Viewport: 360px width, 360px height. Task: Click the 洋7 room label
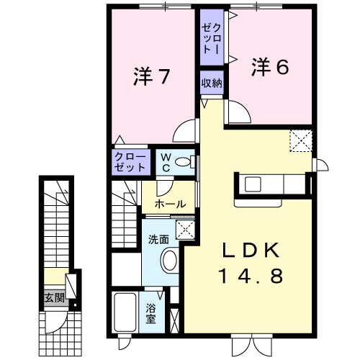(152, 76)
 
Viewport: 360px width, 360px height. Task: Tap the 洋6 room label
(270, 67)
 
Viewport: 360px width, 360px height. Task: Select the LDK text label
(251, 250)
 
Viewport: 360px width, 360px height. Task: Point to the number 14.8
(251, 276)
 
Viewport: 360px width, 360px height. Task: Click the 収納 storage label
(212, 83)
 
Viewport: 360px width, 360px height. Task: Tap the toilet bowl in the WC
(183, 162)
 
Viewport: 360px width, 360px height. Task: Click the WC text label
(166, 163)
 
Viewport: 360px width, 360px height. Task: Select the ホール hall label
(170, 204)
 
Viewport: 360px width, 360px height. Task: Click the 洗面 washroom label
(158, 240)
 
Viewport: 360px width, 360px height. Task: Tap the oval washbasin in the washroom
(170, 261)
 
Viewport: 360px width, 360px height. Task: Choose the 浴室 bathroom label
(150, 313)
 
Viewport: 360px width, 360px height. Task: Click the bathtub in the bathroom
(125, 312)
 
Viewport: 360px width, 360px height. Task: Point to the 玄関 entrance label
(55, 298)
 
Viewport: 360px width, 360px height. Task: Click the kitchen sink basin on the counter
(253, 184)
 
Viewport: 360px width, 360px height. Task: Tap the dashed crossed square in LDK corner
(301, 141)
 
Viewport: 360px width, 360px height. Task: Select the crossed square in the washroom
(185, 230)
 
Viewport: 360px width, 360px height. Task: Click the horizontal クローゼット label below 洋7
(130, 162)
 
